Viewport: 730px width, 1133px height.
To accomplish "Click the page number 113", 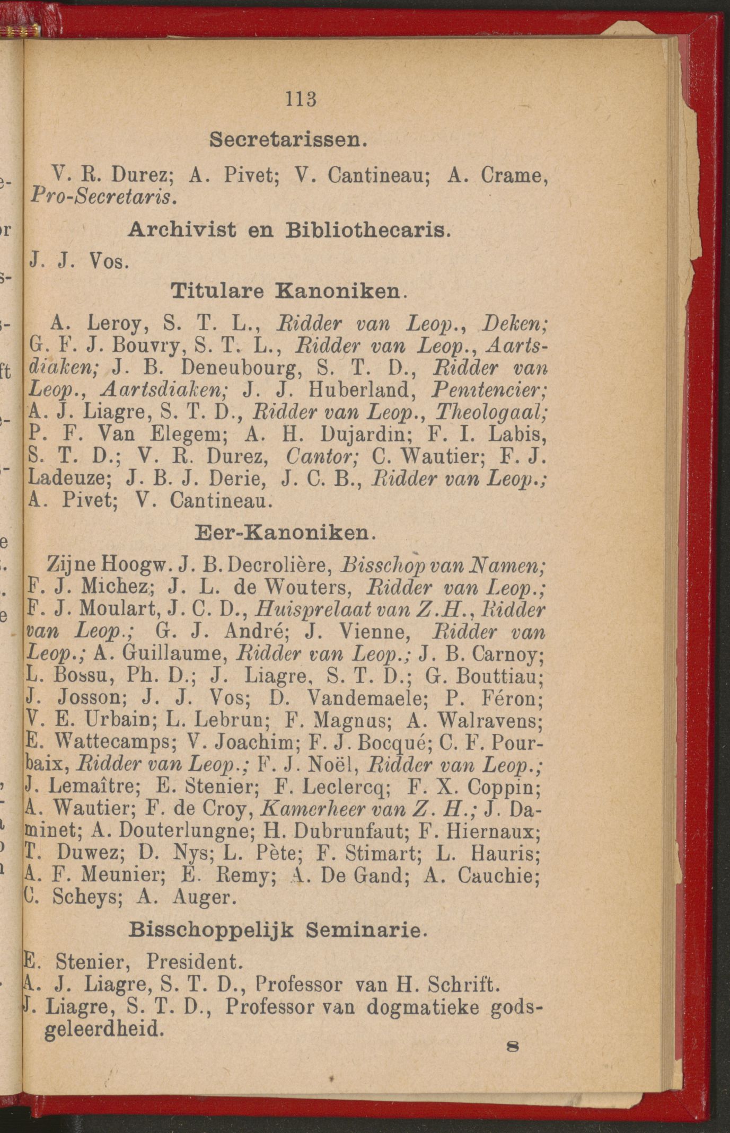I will tap(301, 100).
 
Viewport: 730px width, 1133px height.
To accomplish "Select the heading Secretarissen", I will tap(288, 139).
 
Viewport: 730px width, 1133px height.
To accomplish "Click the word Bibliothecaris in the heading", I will tap(367, 230).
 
